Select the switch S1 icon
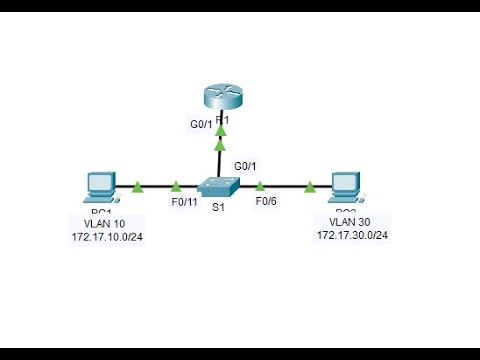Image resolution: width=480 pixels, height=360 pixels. pyautogui.click(x=219, y=187)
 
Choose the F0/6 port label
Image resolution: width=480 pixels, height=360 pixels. pyautogui.click(x=266, y=203)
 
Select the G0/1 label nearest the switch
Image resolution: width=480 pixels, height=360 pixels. pyautogui.click(x=246, y=165)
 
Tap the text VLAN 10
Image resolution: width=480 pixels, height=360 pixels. pyautogui.click(x=95, y=225)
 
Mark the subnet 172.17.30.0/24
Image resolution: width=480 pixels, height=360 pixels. pyautogui.click(x=352, y=236)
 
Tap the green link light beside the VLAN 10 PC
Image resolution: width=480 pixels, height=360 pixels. pyautogui.click(x=137, y=186)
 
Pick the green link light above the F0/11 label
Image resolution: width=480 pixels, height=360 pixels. pyautogui.click(x=177, y=186)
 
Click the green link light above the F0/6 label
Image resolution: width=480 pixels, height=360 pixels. pyautogui.click(x=260, y=186)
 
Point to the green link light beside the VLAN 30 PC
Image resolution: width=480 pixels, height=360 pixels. pyautogui.click(x=310, y=186)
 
